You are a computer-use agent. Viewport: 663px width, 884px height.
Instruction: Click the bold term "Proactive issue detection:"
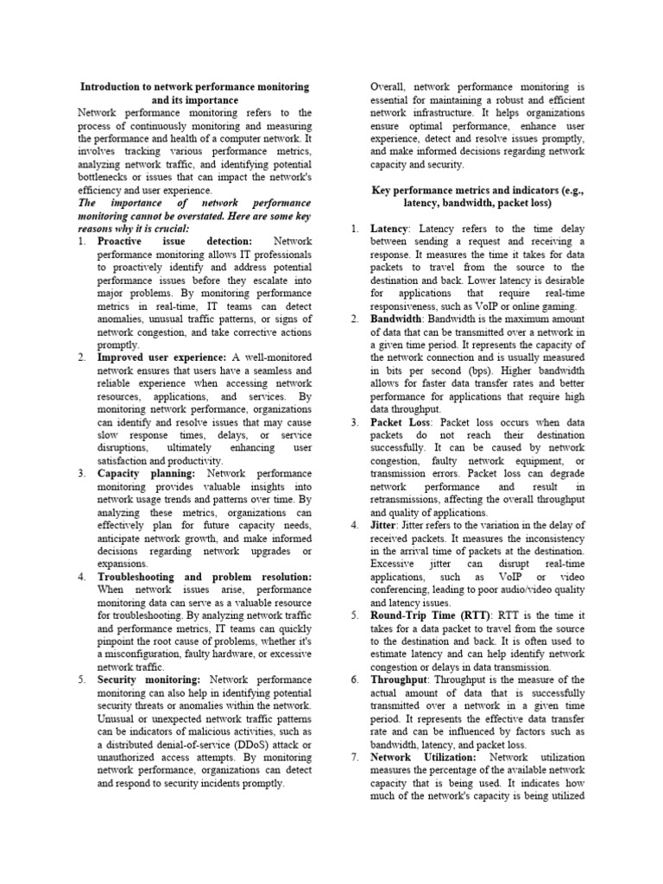[x=174, y=241]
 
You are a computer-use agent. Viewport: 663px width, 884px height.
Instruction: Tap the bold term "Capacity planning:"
[x=146, y=473]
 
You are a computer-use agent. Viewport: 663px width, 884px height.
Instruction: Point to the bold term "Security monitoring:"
[x=148, y=679]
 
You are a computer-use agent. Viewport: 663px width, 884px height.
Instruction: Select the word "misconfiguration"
[x=142, y=654]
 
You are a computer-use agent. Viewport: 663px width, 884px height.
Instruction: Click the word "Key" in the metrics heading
[x=381, y=189]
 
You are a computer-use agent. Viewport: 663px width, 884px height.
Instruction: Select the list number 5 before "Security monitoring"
[x=80, y=679]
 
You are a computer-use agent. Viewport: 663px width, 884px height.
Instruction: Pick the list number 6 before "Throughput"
[x=355, y=679]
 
